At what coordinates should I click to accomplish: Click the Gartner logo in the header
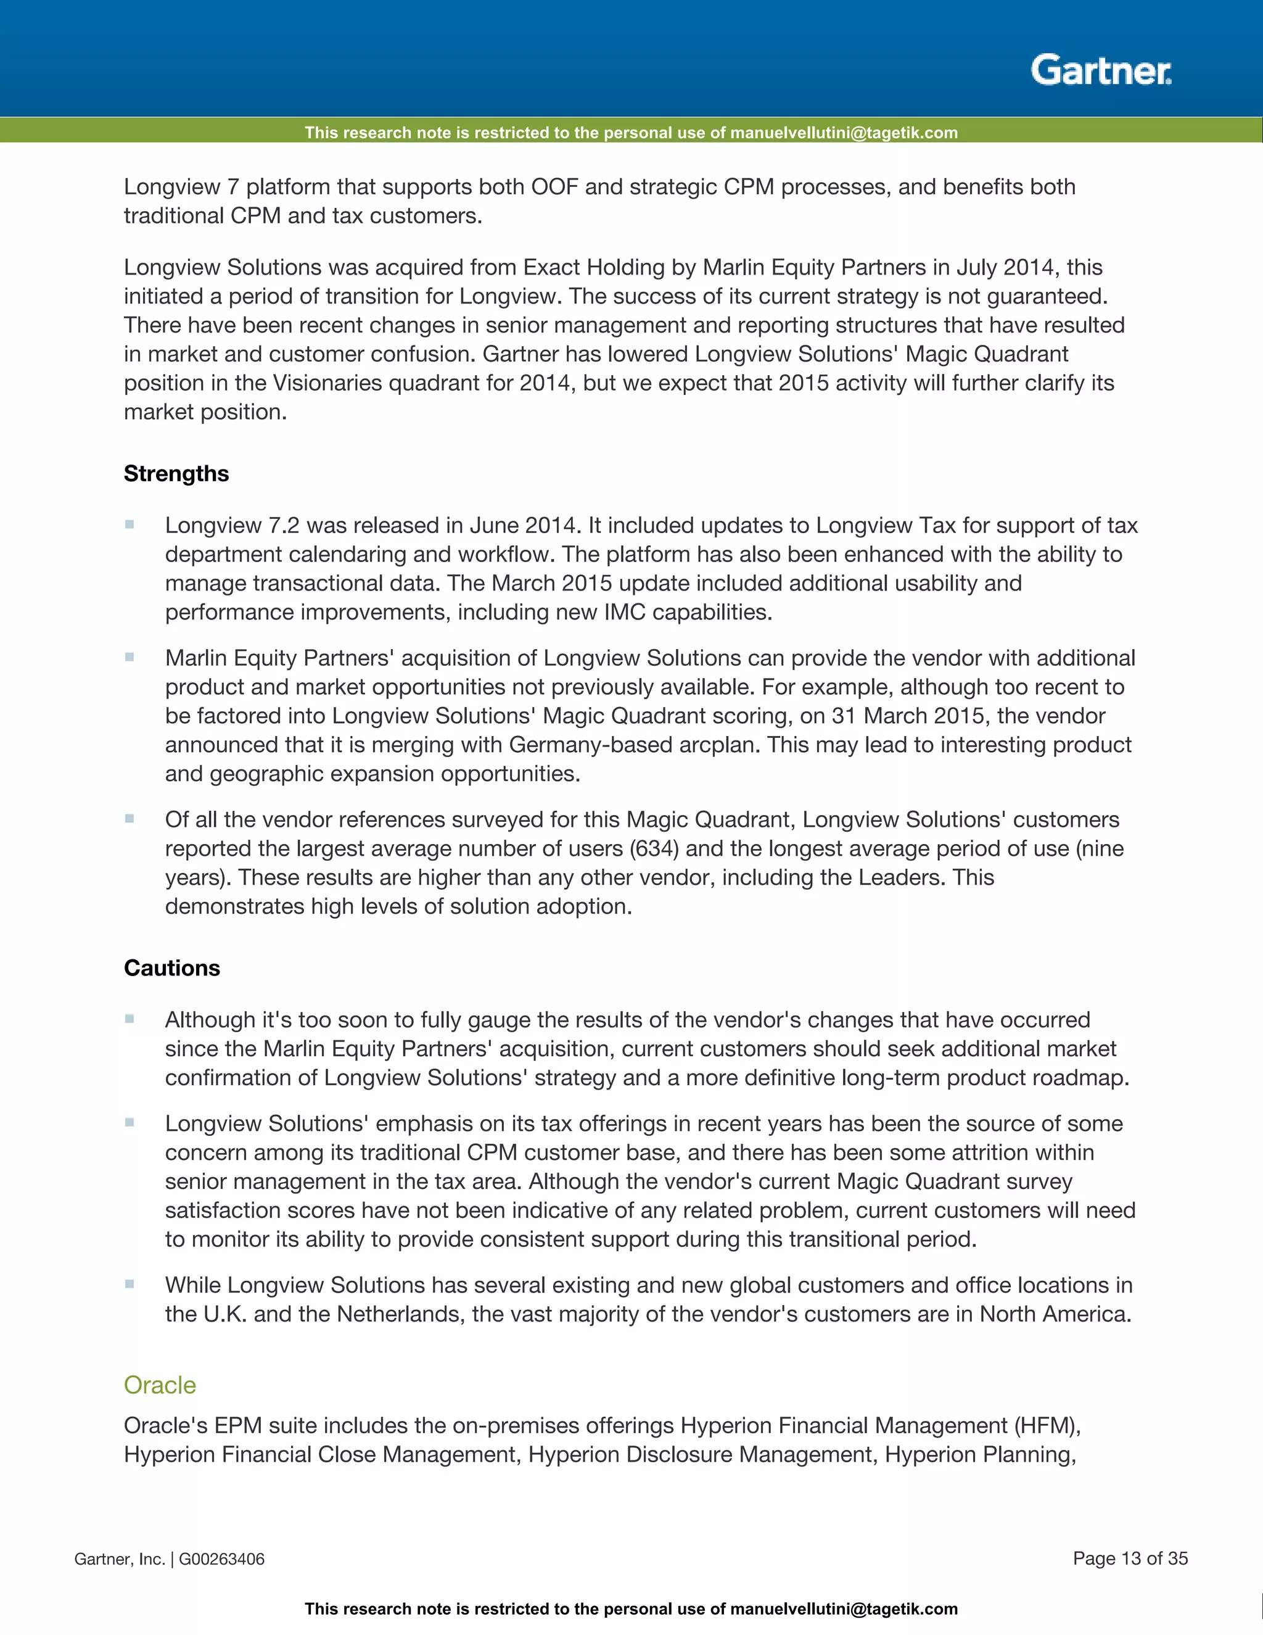[1101, 70]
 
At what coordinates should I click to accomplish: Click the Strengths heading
[176, 474]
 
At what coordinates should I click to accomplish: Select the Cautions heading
[171, 968]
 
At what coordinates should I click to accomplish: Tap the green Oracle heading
[159, 1385]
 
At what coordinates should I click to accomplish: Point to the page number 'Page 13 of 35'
[1130, 1558]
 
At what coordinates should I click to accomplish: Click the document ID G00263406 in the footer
[221, 1559]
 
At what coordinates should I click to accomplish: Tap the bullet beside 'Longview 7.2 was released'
[130, 525]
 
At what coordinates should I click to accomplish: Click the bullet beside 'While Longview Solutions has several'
[130, 1284]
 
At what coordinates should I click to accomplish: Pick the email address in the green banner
[843, 133]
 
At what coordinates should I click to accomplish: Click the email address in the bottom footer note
[843, 1609]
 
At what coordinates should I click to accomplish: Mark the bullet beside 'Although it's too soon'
[130, 1019]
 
